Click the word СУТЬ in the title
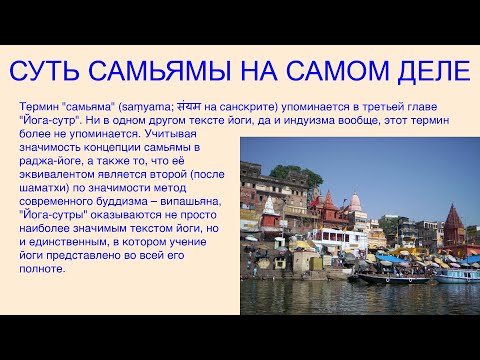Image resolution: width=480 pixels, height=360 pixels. click(50, 72)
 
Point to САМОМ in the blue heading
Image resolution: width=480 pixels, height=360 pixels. click(322, 72)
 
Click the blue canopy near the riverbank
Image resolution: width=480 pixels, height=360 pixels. click(390, 258)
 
